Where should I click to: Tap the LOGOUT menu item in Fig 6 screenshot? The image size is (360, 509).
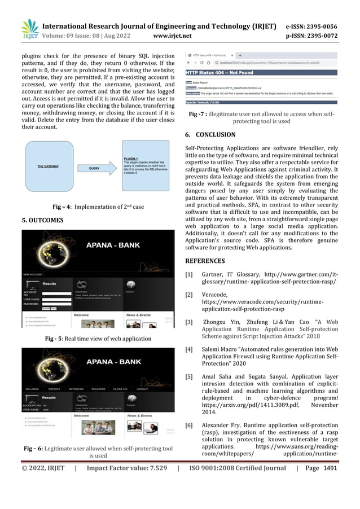point(142,389)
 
